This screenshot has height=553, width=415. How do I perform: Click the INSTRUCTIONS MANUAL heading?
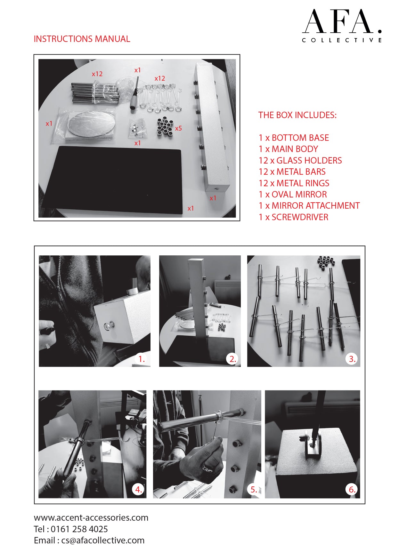pos(82,39)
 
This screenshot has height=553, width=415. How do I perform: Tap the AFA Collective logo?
pos(342,26)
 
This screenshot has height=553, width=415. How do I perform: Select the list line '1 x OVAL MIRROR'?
pos(293,195)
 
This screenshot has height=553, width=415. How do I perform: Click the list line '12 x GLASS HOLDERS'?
pos(300,160)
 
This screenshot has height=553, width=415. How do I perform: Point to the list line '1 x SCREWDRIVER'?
pos(294,217)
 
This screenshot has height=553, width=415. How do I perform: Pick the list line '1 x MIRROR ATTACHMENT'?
pos(309,206)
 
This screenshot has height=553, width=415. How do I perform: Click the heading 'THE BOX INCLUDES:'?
pos(297,115)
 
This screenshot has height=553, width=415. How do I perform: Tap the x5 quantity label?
pos(178,128)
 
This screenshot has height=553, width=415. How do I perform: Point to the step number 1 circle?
pos(142,359)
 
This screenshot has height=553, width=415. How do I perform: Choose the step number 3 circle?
pos(352,359)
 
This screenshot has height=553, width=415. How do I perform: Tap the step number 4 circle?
pos(138,489)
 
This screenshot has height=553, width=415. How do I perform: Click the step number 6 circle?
pos(352,489)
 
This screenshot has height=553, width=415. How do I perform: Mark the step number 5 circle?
pos(254,489)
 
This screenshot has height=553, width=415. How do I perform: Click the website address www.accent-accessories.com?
pos(91,517)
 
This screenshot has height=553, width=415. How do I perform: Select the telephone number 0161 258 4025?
pos(79,529)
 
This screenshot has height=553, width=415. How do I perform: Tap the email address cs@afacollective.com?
pos(103,541)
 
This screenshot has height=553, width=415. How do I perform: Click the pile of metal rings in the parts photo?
pos(165,127)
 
